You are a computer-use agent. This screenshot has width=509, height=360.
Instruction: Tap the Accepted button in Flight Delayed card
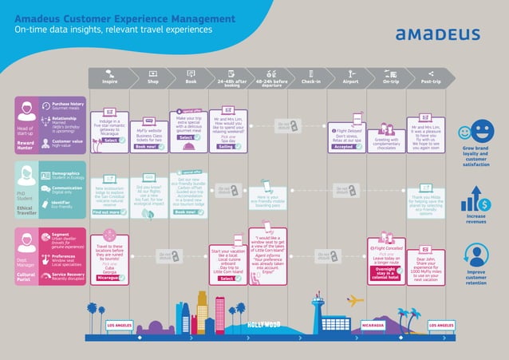(345, 147)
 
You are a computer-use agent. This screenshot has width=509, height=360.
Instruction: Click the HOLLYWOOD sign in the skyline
(264, 324)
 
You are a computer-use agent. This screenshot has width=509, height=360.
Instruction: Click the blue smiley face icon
(480, 129)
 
